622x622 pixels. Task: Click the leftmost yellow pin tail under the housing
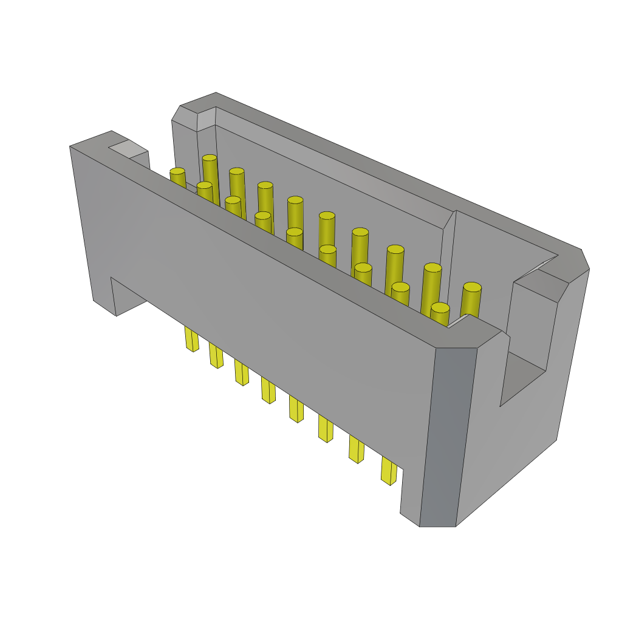pos(191,339)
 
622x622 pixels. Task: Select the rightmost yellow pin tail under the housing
pos(389,471)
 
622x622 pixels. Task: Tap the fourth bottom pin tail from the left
pos(268,390)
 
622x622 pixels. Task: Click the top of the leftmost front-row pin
pos(177,171)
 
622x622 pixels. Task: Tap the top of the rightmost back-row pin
pos(472,287)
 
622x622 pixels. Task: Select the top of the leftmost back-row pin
pos(210,158)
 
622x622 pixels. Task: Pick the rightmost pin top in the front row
pos(440,307)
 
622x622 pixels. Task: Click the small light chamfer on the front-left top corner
pos(128,148)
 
